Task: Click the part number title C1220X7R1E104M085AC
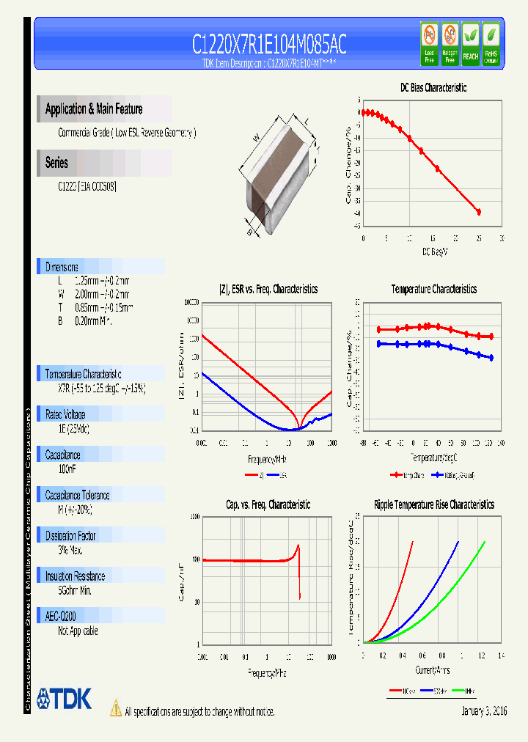tap(268, 45)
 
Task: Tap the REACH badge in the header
tap(470, 45)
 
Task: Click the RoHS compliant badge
tap(491, 45)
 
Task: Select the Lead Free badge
tap(430, 45)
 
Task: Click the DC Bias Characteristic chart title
tap(433, 87)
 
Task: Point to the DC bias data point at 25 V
tap(479, 212)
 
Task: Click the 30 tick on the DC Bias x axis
tap(502, 238)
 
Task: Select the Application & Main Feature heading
tap(94, 109)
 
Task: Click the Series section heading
tap(56, 163)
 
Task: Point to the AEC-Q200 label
tap(61, 617)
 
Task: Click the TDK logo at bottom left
tap(65, 699)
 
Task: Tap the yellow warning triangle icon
tap(115, 708)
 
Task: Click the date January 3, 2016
tap(484, 711)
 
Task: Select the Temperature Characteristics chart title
tap(433, 289)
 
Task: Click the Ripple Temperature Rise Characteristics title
tap(433, 504)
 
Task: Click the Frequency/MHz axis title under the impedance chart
tap(266, 459)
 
